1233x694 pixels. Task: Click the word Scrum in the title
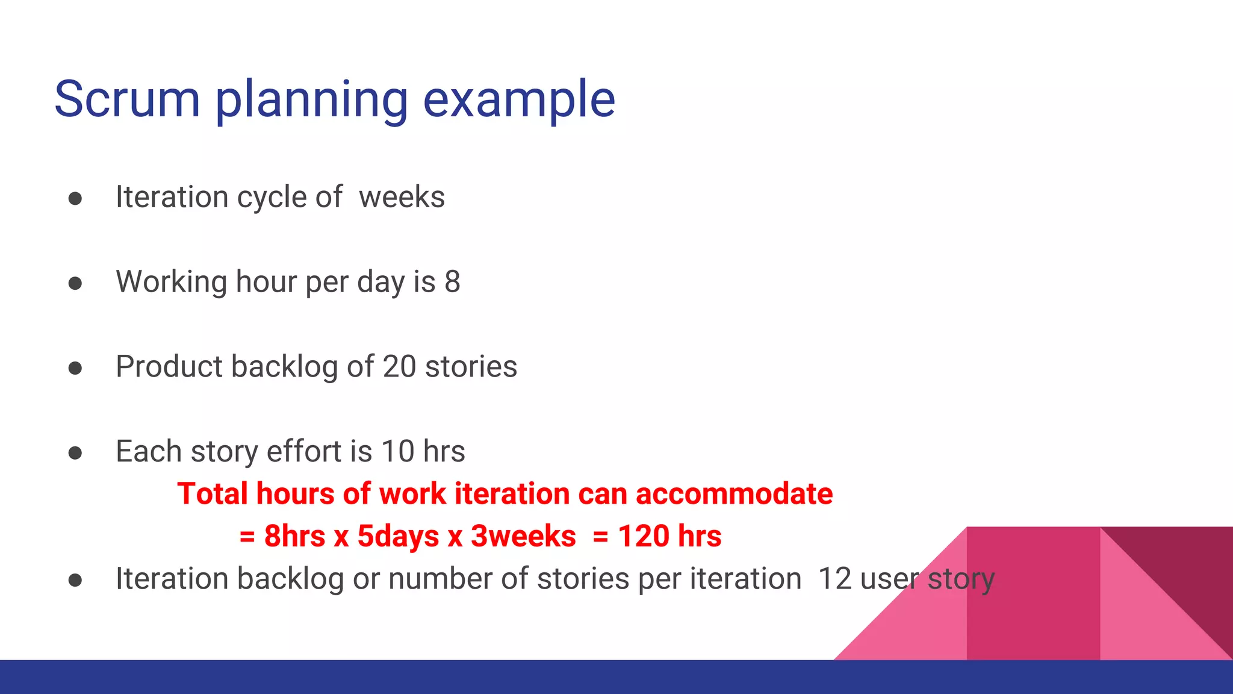coord(127,99)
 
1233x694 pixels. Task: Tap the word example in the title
coord(519,100)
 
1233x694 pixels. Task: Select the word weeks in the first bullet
coord(402,197)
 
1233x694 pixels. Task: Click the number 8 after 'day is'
coord(452,281)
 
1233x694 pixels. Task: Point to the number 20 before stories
coord(399,366)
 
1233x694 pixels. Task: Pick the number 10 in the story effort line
coord(398,451)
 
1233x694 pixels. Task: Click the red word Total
coord(213,494)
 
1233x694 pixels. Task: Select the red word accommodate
coord(734,494)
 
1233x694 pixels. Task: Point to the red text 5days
coord(398,536)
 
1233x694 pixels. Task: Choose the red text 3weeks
coord(523,536)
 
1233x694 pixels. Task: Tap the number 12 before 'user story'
coord(834,578)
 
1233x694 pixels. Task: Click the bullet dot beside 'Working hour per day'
coord(75,283)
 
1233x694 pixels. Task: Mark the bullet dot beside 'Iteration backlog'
coord(75,580)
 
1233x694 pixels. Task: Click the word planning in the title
coord(311,100)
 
